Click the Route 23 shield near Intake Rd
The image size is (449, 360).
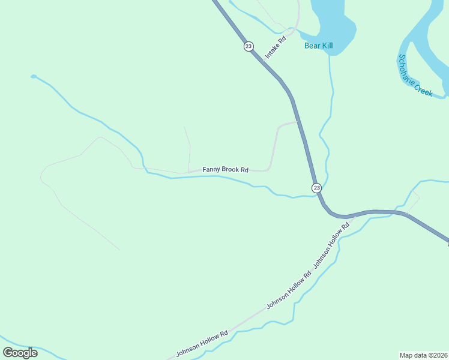click(249, 46)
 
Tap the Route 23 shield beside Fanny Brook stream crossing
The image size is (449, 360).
click(316, 188)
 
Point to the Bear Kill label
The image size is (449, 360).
click(318, 46)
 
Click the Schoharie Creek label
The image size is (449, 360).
click(415, 76)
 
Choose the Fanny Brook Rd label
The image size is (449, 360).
click(225, 170)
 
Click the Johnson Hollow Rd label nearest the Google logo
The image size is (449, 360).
click(202, 344)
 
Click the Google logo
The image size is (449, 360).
click(20, 352)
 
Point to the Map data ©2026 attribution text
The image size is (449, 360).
click(423, 355)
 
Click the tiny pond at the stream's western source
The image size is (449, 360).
click(34, 77)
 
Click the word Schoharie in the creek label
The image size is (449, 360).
click(407, 68)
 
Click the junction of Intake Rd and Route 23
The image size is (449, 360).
click(262, 60)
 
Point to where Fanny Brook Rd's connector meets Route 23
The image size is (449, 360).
click(298, 122)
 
